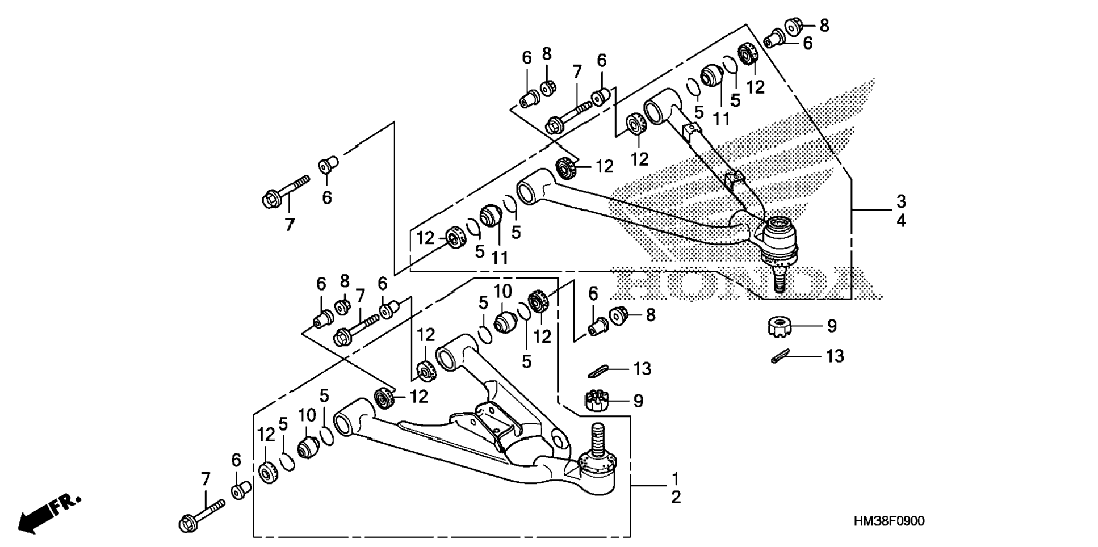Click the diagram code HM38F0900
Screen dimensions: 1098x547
point(889,521)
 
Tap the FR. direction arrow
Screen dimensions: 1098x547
point(50,514)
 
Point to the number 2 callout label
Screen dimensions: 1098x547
point(676,498)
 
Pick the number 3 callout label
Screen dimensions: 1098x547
point(901,201)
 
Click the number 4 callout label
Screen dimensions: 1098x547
point(901,220)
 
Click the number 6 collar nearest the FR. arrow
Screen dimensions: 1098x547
point(241,491)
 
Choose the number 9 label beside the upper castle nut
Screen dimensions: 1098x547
point(831,326)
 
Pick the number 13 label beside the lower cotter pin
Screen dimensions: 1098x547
point(642,369)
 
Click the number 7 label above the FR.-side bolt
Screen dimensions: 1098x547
point(205,479)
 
